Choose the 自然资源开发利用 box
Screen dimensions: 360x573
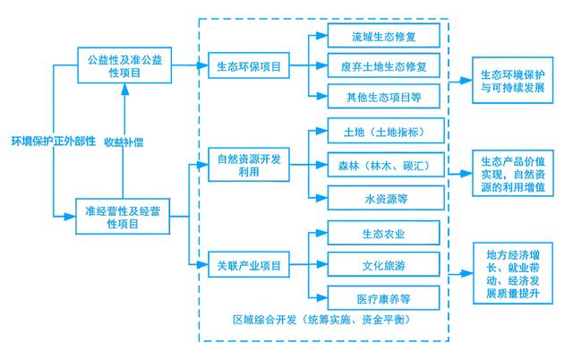(x=250, y=165)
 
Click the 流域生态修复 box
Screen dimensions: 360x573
(x=383, y=36)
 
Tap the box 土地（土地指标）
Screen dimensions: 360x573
(x=383, y=134)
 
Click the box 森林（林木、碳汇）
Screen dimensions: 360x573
(x=383, y=165)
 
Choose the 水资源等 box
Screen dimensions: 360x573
(x=383, y=196)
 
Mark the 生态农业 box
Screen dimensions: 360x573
(x=383, y=235)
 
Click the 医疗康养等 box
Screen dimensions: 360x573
(x=383, y=296)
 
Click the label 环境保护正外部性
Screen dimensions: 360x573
(x=53, y=141)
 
